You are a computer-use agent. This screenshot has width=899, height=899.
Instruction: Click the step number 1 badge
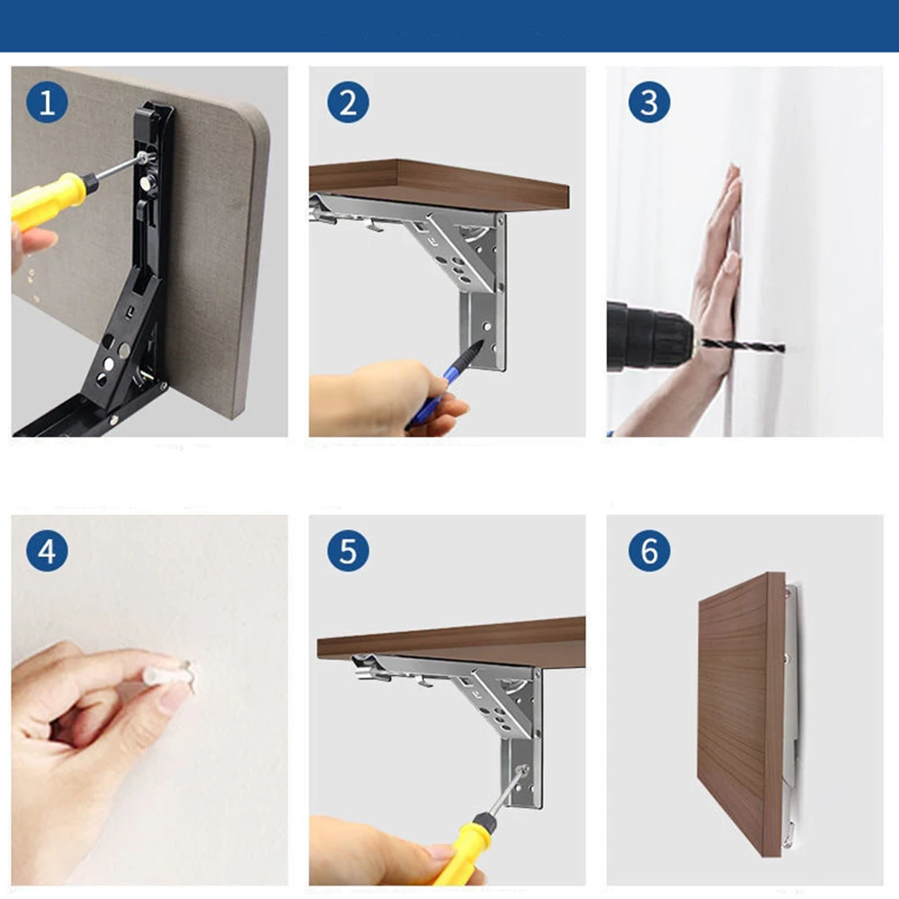point(47,102)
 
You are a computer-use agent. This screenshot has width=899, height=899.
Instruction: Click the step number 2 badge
point(348,102)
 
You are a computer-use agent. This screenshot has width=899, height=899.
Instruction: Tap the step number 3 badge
point(649,102)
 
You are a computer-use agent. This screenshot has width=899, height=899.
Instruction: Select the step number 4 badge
point(47,551)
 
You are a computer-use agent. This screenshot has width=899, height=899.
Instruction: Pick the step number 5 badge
point(348,551)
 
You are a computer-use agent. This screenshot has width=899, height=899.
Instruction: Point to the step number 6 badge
point(649,551)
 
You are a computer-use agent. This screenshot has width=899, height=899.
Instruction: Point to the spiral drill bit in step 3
point(743,346)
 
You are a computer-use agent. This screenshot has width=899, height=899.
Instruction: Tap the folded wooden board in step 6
point(741,714)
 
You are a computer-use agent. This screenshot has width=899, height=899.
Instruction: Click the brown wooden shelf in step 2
point(440,184)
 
